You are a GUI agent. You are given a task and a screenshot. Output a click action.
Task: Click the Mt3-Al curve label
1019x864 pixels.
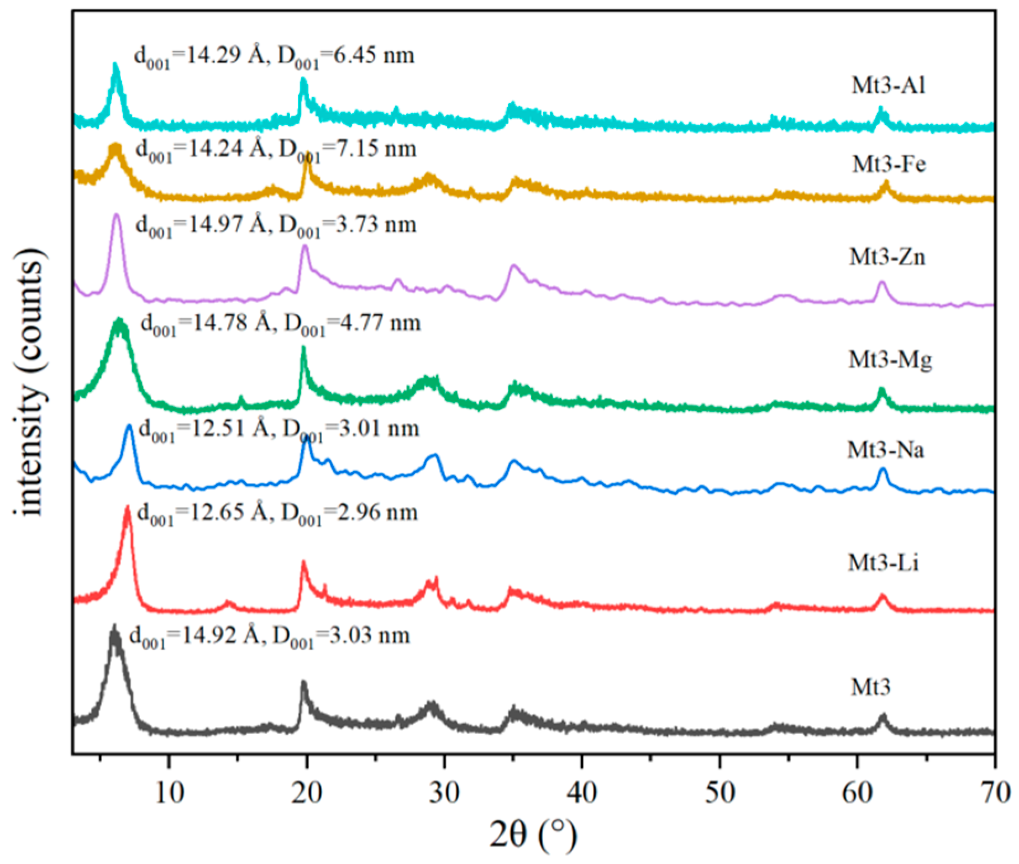pos(888,86)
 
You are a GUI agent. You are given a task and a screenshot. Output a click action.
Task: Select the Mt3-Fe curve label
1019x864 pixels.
pos(889,165)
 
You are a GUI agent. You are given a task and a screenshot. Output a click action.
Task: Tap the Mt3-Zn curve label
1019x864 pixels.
pos(887,257)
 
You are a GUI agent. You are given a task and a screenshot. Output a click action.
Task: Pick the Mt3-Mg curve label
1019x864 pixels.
pos(890,360)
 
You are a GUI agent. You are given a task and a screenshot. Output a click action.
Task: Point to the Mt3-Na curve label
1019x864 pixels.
pos(886,450)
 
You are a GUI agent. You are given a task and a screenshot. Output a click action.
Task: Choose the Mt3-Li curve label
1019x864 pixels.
pos(883,563)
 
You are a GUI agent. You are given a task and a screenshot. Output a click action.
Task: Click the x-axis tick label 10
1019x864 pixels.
pos(169,793)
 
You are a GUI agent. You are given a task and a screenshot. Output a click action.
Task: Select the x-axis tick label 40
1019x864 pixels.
pos(582,793)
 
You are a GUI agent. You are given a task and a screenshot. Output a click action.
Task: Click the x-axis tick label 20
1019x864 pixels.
pos(307,793)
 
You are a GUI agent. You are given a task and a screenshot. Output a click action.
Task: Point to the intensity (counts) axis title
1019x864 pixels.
pos(29,381)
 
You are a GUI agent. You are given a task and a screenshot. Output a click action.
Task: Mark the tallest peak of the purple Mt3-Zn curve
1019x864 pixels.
pos(116,215)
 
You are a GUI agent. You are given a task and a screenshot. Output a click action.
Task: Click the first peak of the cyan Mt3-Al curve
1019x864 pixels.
pos(115,65)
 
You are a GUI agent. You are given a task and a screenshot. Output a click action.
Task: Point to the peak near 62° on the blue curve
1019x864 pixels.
pos(883,470)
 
